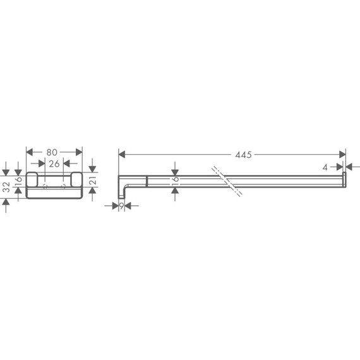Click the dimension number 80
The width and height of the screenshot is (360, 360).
click(54, 152)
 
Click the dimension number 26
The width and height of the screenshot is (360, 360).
click(54, 164)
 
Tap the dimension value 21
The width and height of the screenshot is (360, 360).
click(92, 182)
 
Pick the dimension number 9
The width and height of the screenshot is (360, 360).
click(121, 205)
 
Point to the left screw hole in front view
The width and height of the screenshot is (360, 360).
click(45, 187)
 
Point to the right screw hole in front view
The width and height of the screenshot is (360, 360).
click(63, 187)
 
